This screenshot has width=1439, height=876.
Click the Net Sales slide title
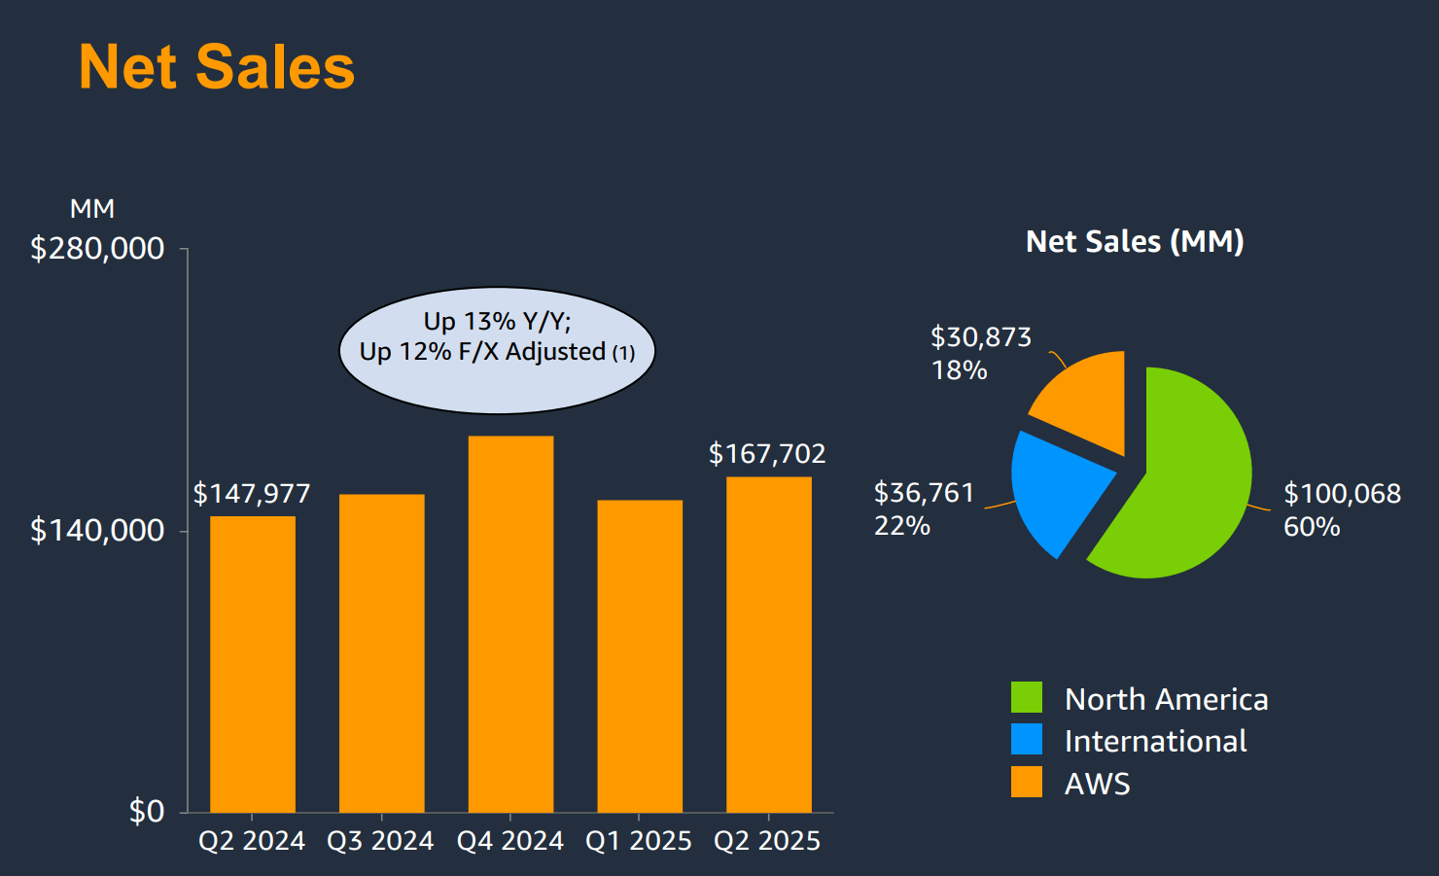click(x=217, y=67)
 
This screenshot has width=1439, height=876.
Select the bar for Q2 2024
click(x=253, y=664)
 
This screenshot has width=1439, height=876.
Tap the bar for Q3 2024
click(x=381, y=653)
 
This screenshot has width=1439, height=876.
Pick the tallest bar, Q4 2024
click(x=510, y=624)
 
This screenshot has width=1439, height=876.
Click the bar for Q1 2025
click(x=640, y=656)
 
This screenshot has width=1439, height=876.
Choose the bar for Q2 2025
click(x=768, y=645)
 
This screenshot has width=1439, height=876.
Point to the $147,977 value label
click(x=252, y=494)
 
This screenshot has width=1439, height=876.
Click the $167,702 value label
click(x=767, y=454)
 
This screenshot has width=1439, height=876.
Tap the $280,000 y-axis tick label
click(x=97, y=249)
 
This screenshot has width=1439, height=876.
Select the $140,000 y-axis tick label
click(x=97, y=531)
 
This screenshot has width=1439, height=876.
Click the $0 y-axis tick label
click(x=147, y=812)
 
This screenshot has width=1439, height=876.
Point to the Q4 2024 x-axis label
click(x=510, y=841)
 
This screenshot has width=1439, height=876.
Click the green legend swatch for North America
click(x=1027, y=697)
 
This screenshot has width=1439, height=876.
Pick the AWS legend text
click(x=1098, y=784)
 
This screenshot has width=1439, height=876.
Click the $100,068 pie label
click(x=1342, y=494)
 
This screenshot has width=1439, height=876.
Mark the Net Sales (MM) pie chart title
click(x=1135, y=241)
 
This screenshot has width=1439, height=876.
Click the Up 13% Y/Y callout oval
click(x=497, y=351)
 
